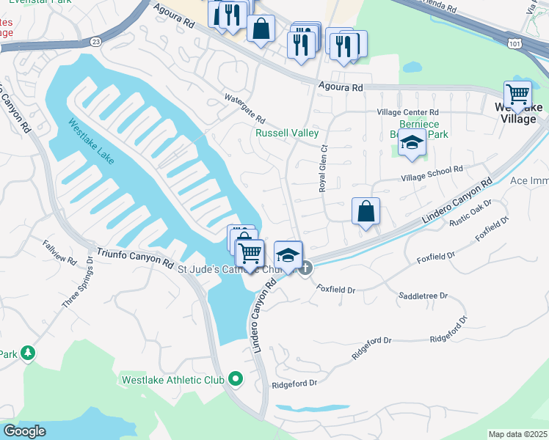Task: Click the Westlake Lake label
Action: click(91, 142)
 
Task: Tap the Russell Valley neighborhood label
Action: click(287, 133)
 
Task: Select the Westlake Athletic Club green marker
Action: click(236, 379)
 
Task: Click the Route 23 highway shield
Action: click(96, 42)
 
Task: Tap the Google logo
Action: click(24, 431)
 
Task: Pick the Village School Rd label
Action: click(432, 172)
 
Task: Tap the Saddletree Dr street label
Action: click(423, 296)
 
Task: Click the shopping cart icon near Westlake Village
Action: click(518, 95)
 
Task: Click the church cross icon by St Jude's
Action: click(306, 268)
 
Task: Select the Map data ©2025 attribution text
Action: click(517, 434)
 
